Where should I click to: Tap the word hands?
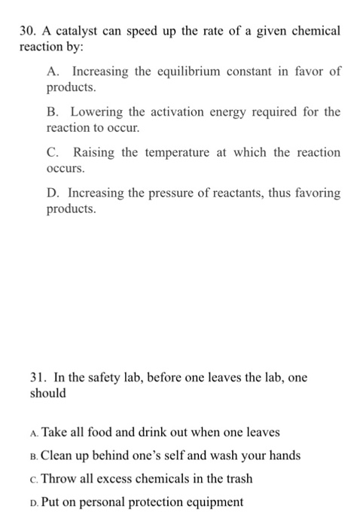pos(284,455)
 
